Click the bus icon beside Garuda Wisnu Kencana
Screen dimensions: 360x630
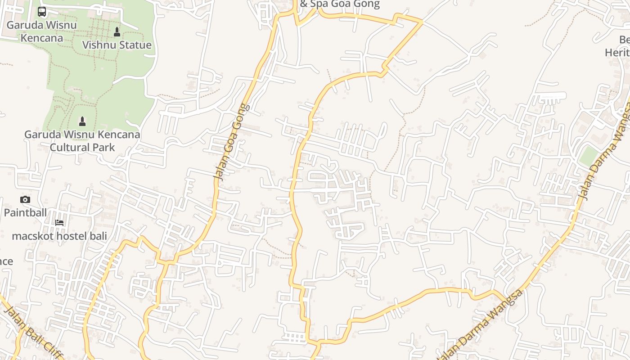tap(42, 12)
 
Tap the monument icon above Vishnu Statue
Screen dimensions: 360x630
tap(117, 31)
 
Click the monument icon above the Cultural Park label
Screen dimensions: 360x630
tap(82, 121)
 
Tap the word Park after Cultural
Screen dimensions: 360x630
tap(103, 147)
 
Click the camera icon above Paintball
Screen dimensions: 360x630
tap(25, 199)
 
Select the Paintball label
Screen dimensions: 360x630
tap(25, 212)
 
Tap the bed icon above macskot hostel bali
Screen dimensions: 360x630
tap(59, 222)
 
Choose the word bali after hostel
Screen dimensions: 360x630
tap(99, 236)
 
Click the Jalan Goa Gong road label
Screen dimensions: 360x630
tap(231, 142)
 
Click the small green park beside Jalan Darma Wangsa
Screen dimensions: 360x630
tap(588, 156)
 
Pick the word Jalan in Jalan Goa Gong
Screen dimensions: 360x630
tap(220, 170)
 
